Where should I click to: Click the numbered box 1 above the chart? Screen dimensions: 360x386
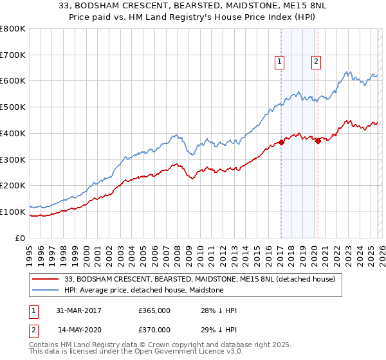tap(280, 62)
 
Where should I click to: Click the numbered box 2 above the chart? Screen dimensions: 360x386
tap(317, 62)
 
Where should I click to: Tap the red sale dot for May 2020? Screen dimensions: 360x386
tap(317, 141)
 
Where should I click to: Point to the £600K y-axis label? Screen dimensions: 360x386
tap(13, 81)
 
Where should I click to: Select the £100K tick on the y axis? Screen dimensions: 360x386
tap(13, 212)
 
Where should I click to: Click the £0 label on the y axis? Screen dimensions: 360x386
tap(20, 238)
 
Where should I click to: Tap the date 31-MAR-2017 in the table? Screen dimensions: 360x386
tap(78, 310)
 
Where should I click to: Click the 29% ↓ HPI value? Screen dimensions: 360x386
tap(219, 329)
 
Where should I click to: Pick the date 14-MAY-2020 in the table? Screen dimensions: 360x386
tap(78, 329)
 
